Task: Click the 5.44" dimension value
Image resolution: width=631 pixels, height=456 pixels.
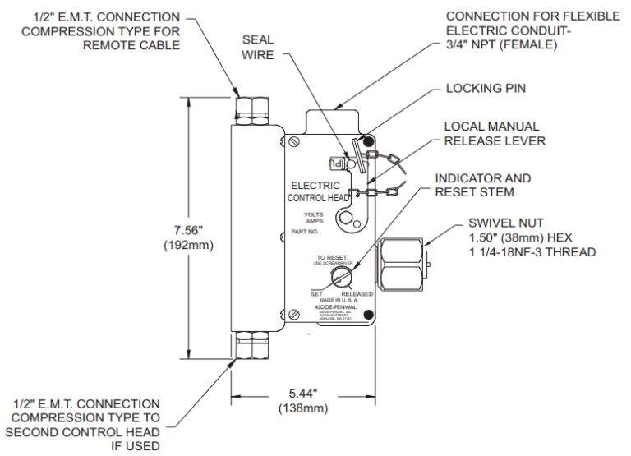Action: click(303, 394)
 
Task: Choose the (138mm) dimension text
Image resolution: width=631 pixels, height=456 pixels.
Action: click(303, 408)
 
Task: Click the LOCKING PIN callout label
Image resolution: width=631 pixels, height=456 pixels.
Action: click(485, 88)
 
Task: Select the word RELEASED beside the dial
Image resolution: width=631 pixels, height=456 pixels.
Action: click(357, 294)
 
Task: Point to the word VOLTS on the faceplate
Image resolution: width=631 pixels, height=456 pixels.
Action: click(314, 214)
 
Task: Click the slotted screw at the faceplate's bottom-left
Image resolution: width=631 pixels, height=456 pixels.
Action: click(294, 315)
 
